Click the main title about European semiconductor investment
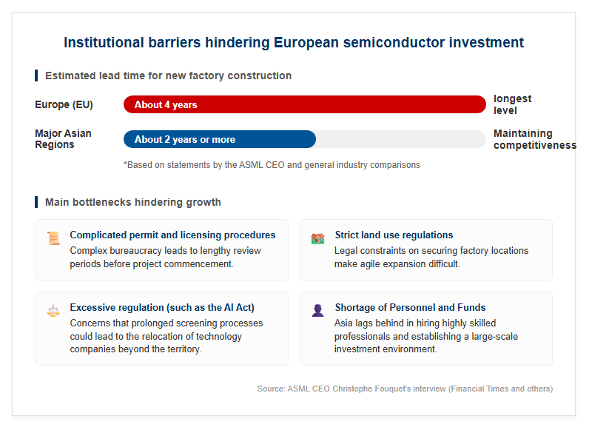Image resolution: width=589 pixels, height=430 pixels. (x=293, y=42)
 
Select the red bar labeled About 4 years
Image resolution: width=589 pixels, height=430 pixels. (x=305, y=104)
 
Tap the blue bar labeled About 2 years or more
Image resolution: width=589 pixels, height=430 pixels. (x=220, y=139)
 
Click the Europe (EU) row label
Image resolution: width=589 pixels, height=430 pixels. (x=64, y=104)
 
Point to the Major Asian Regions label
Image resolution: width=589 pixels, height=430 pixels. (x=63, y=139)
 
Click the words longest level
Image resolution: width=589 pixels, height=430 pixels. (x=512, y=104)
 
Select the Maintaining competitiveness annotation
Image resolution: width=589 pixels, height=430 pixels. (x=535, y=139)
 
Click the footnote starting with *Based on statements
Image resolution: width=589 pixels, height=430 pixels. (x=272, y=165)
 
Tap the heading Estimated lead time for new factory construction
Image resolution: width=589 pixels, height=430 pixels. (x=168, y=75)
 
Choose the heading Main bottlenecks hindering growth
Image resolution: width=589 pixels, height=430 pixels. (x=133, y=202)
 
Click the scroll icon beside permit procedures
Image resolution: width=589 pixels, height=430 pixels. (x=53, y=238)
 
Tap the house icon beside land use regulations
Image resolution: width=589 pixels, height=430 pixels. (x=317, y=238)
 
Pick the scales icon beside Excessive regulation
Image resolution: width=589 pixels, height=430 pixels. (x=53, y=311)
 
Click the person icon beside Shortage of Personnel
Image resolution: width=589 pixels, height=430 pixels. (x=317, y=310)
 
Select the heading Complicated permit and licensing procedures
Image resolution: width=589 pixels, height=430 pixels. (x=172, y=235)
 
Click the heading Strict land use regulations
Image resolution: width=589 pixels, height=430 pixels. (x=394, y=235)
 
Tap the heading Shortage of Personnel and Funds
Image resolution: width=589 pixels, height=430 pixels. (x=410, y=307)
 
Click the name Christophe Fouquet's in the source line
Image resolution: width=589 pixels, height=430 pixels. (x=372, y=389)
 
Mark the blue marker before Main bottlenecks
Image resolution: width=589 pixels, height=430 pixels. (x=36, y=202)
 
